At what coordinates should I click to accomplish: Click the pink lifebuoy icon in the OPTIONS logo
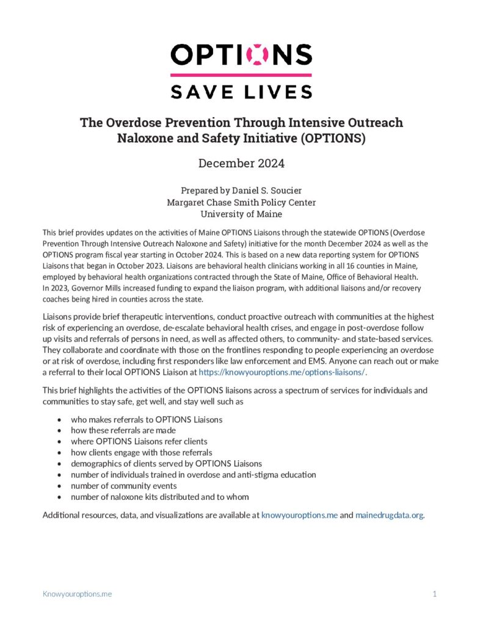pyautogui.click(x=257, y=54)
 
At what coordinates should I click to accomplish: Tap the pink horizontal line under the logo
pyautogui.click(x=241, y=75)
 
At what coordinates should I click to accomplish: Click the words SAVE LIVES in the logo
pyautogui.click(x=241, y=91)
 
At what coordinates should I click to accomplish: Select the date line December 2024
pyautogui.click(x=241, y=163)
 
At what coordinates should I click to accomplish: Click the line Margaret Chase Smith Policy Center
pyautogui.click(x=241, y=202)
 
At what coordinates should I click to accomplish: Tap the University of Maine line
pyautogui.click(x=241, y=214)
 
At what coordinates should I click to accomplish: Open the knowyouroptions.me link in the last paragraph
pyautogui.click(x=299, y=515)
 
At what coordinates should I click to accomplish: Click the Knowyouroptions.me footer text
pyautogui.click(x=77, y=593)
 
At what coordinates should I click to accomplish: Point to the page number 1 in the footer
pyautogui.click(x=434, y=593)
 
